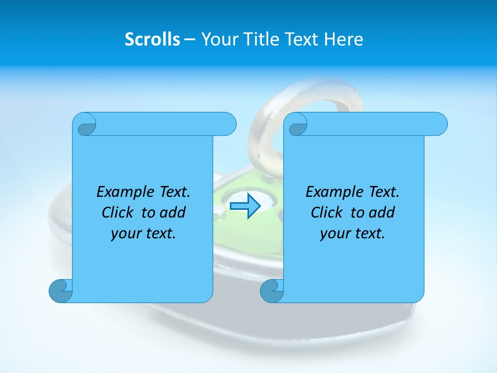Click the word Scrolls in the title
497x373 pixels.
pyautogui.click(x=152, y=39)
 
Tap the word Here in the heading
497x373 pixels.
pyautogui.click(x=344, y=39)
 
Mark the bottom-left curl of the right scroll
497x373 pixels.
pyautogui.click(x=271, y=291)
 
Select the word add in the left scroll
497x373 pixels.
pyautogui.click(x=173, y=212)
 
